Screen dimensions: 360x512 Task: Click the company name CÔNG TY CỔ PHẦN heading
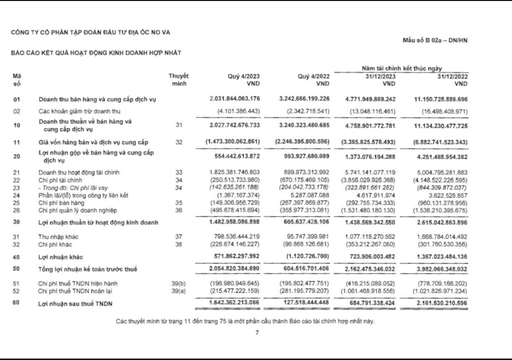click(x=91, y=32)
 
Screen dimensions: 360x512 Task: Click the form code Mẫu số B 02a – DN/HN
click(x=435, y=40)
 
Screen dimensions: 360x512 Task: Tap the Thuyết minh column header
click(x=178, y=80)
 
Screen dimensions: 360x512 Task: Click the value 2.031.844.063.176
click(x=235, y=99)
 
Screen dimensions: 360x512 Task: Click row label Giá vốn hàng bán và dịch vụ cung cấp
click(x=93, y=142)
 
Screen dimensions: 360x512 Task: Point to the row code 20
click(x=17, y=156)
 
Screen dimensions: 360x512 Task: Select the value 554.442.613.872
click(x=235, y=156)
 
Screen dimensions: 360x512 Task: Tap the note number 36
click(x=178, y=210)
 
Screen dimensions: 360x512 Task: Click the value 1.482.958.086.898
click(x=235, y=222)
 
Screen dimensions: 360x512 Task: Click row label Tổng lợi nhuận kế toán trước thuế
click(x=88, y=269)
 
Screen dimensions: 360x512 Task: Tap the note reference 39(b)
click(x=178, y=284)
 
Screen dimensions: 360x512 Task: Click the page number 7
click(x=256, y=332)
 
